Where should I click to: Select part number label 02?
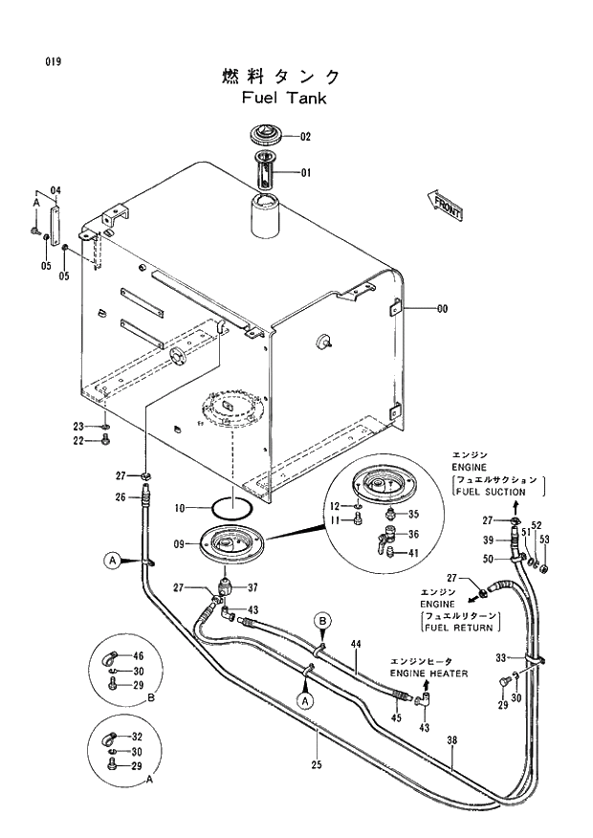(306, 137)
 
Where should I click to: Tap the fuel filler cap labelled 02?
(267, 135)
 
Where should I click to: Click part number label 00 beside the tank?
(442, 309)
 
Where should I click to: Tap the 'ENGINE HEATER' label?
(428, 673)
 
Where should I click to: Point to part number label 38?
(452, 739)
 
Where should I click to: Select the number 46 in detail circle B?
(138, 656)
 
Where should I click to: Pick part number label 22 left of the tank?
(80, 440)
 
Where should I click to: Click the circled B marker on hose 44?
(323, 622)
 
